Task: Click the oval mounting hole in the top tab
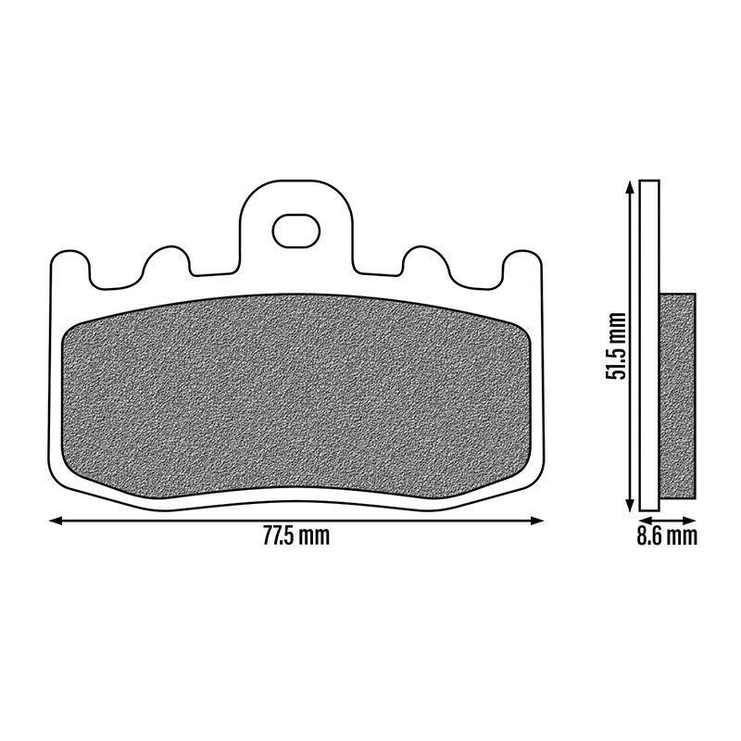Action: point(296,231)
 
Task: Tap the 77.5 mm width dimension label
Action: point(296,536)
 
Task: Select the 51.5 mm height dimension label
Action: point(616,345)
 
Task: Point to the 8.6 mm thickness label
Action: point(667,536)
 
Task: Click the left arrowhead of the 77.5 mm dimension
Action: point(56,521)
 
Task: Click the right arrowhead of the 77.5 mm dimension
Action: point(537,521)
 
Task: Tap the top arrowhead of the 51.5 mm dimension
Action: point(629,187)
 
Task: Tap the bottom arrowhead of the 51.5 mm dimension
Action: point(629,504)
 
